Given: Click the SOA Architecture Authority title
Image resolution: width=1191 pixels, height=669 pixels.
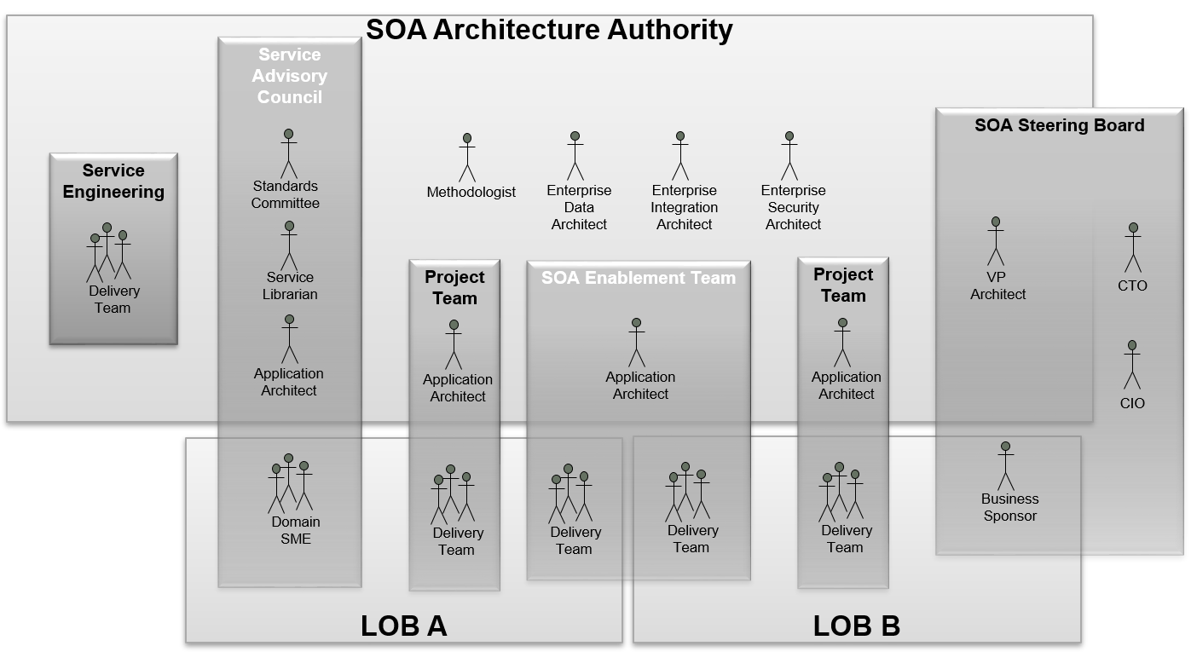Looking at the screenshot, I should pyautogui.click(x=549, y=30).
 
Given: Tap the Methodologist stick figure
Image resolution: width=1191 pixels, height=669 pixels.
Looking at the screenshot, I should pyautogui.click(x=466, y=158).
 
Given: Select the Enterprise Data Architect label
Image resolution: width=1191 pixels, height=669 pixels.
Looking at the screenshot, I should pyautogui.click(x=579, y=207).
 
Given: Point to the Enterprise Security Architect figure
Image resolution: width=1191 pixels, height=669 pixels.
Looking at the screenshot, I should pyautogui.click(x=789, y=156).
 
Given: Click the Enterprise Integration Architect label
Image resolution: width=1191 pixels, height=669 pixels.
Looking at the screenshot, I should pyautogui.click(x=684, y=207).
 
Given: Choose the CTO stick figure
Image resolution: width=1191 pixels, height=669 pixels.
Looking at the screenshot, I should pyautogui.click(x=1133, y=248).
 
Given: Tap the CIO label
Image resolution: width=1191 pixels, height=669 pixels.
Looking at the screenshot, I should pyautogui.click(x=1132, y=403).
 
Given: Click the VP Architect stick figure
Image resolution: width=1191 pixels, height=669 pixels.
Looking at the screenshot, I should pyautogui.click(x=995, y=241).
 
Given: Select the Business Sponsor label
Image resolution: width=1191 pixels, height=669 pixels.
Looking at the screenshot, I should pyautogui.click(x=1009, y=507).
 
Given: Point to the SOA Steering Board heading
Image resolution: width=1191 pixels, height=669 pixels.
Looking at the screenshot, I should pyautogui.click(x=1059, y=125).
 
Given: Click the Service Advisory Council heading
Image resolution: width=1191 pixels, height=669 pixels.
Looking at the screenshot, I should pyautogui.click(x=290, y=76).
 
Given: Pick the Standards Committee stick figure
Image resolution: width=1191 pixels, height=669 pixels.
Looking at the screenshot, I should pyautogui.click(x=289, y=153).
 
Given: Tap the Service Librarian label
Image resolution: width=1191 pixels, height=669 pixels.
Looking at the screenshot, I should pyautogui.click(x=291, y=285).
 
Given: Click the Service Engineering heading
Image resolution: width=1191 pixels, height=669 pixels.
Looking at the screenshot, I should pyautogui.click(x=113, y=181).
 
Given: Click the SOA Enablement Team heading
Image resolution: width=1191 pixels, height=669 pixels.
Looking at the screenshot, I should pyautogui.click(x=638, y=278).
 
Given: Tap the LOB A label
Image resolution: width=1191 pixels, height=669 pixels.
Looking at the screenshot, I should pyautogui.click(x=403, y=626).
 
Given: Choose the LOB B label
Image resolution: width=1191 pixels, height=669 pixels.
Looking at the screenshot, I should pyautogui.click(x=856, y=626).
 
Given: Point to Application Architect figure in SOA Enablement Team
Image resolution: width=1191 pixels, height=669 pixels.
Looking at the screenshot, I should pyautogui.click(x=637, y=343).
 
